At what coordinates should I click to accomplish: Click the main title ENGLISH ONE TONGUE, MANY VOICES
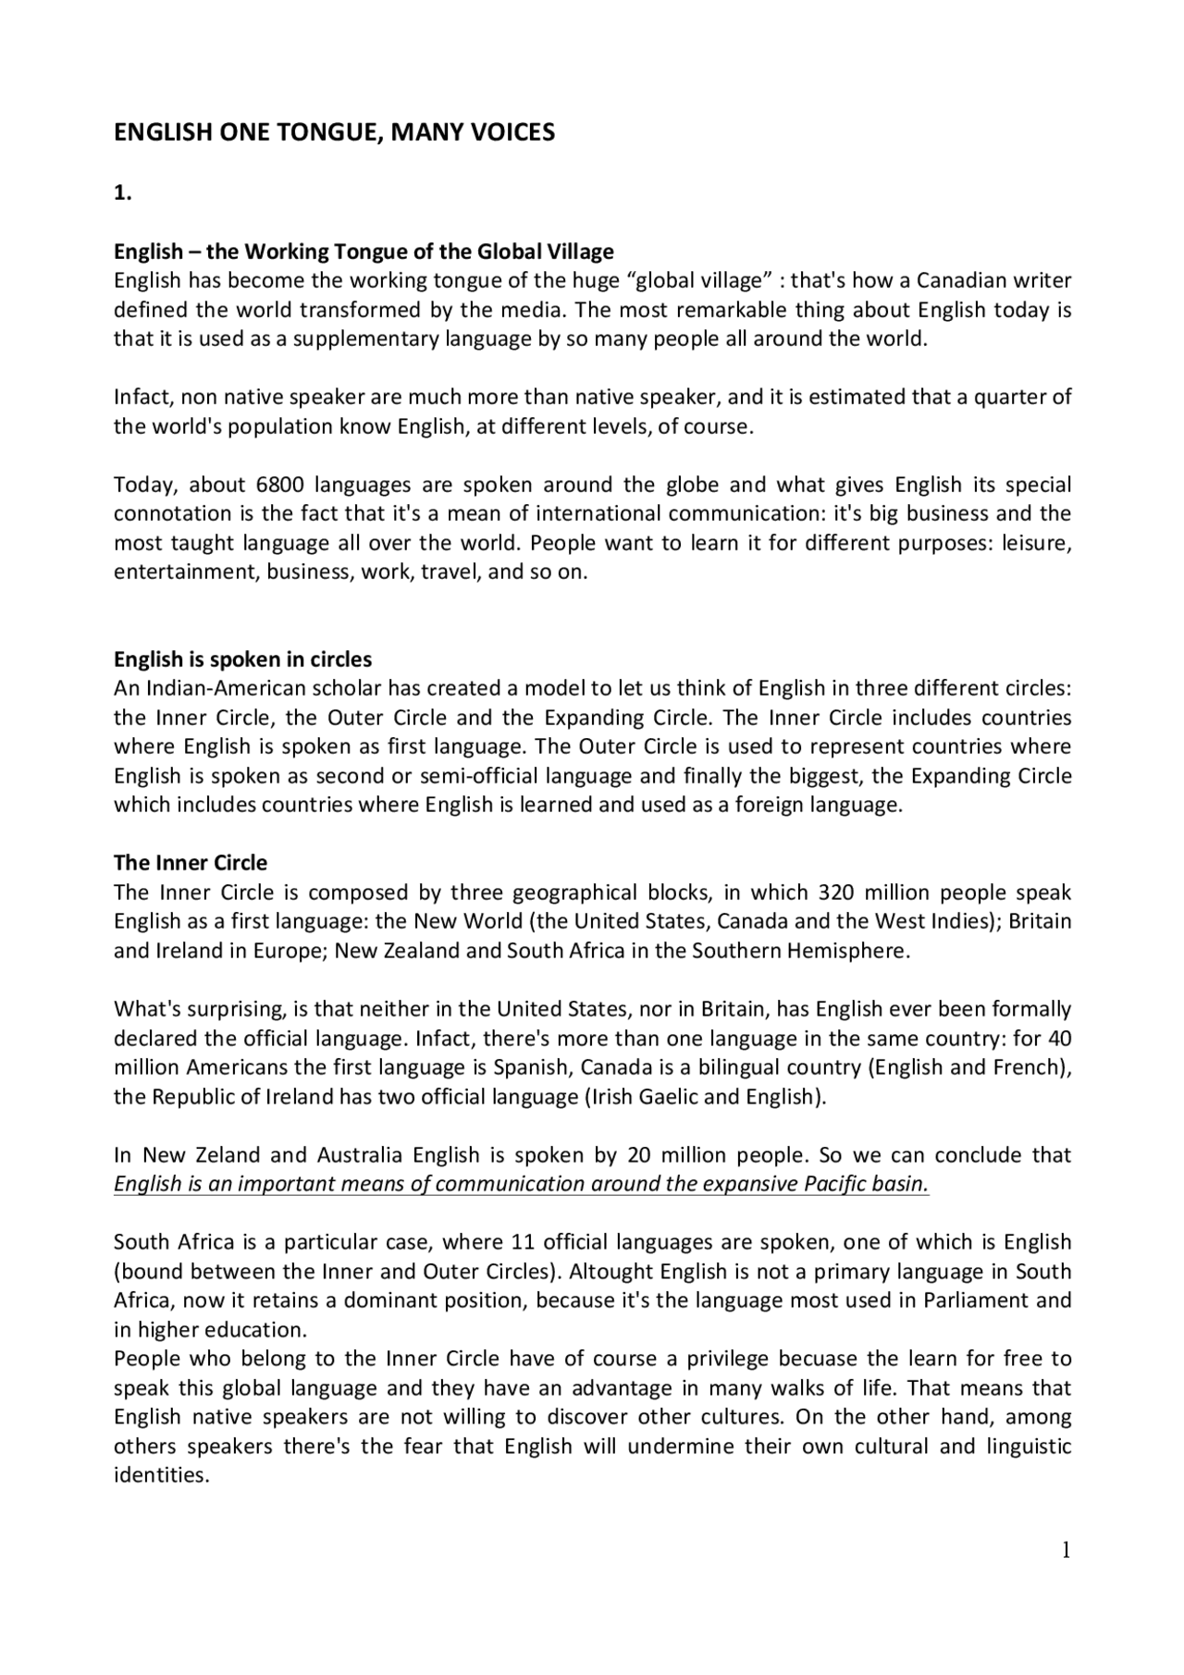pos(334,132)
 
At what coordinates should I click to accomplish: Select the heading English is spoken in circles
pos(242,659)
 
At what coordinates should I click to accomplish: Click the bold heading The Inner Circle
pos(190,863)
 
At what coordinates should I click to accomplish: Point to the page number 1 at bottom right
pos(1066,1550)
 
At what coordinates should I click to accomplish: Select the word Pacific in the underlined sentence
pos(835,1184)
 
